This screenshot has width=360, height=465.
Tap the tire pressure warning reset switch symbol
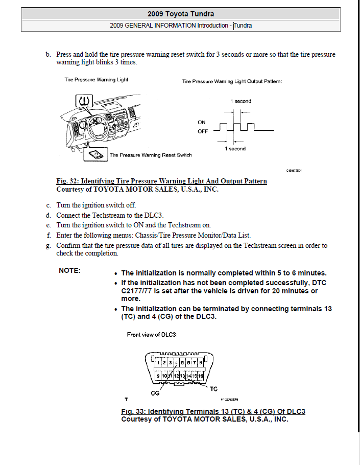pos(95,154)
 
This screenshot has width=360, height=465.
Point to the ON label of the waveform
pos(202,122)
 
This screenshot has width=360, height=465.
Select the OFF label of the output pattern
pos(203,131)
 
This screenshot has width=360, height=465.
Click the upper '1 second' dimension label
pos(241,101)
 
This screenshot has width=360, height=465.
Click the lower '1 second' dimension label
pos(235,149)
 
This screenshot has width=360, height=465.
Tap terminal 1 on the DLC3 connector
pos(158,362)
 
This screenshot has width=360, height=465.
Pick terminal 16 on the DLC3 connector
pos(201,376)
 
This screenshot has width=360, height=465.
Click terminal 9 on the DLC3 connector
pos(159,376)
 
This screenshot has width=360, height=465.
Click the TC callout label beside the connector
pos(213,389)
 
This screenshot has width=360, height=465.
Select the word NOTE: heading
pos(70,270)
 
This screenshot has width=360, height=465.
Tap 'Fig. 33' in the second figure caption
pos(133,411)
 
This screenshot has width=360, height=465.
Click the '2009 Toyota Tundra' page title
pos(180,14)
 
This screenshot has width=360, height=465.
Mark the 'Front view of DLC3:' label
pos(152,335)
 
